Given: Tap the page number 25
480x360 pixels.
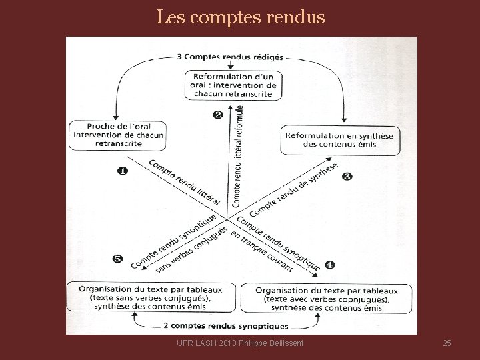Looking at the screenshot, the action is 447,343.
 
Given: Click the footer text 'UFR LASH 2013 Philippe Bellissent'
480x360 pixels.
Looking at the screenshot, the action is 241,343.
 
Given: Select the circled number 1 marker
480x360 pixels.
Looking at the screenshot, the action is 122,171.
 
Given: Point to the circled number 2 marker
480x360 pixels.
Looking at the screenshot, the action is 218,114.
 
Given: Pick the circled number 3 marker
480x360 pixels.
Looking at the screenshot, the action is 347,176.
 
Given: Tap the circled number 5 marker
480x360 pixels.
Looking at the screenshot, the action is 117,259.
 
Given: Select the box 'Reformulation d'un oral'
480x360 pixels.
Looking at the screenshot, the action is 233,85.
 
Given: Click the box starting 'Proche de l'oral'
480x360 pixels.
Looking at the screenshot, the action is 117,135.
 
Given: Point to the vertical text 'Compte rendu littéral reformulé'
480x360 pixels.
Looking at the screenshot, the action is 238,157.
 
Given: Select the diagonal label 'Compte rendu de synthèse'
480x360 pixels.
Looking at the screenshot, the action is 293,188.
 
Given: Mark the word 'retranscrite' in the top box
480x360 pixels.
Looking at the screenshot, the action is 233,94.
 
